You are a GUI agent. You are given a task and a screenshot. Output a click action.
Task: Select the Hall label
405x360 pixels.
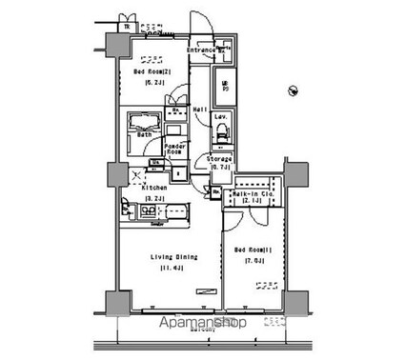click(x=201, y=110)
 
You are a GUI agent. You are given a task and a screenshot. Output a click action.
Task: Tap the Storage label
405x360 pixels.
click(x=221, y=158)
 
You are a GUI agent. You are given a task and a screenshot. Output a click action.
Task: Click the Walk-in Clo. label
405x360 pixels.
click(x=253, y=194)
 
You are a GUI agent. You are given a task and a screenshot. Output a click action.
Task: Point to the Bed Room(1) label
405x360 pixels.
click(x=253, y=250)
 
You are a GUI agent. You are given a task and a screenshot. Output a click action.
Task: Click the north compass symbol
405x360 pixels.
click(x=291, y=91)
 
